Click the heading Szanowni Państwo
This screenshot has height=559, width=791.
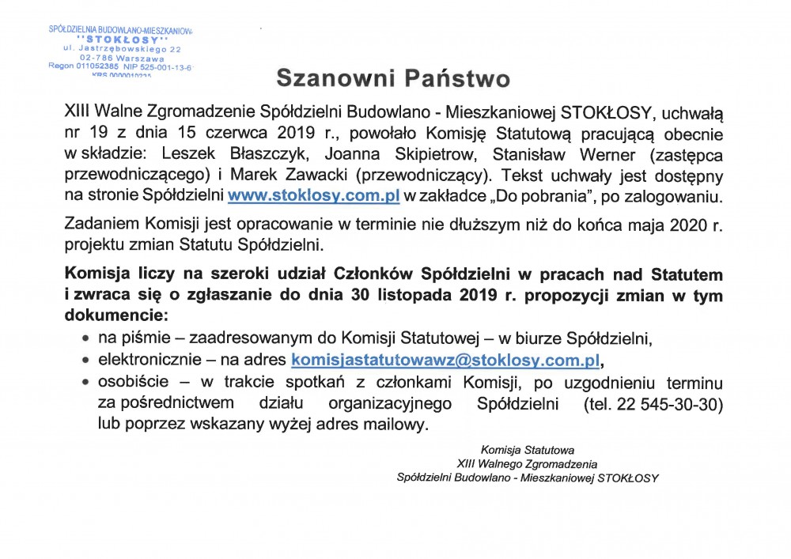392,79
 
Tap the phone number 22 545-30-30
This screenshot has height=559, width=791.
679,404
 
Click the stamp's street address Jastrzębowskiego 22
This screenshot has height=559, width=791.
134,49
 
